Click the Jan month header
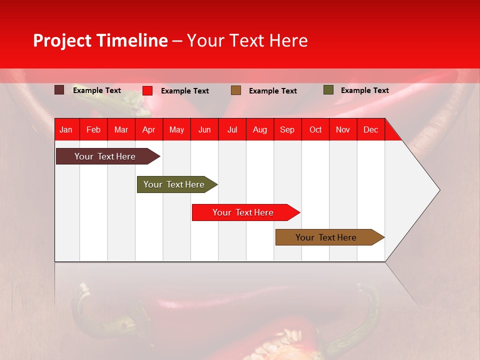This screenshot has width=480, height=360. pyautogui.click(x=66, y=129)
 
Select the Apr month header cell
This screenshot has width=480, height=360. pyautogui.click(x=148, y=129)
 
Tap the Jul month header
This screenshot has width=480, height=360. pyautogui.click(x=232, y=129)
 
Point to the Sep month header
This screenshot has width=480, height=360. pyautogui.click(x=287, y=129)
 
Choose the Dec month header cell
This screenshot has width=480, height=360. pyautogui.click(x=370, y=129)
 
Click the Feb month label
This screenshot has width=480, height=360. pyautogui.click(x=93, y=129)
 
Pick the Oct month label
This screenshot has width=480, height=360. pyautogui.click(x=315, y=129)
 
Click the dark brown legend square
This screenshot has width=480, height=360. pyautogui.click(x=59, y=90)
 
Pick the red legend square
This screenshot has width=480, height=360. pyautogui.click(x=147, y=90)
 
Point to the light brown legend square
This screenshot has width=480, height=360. pyautogui.click(x=236, y=90)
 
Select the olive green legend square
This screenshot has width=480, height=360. pyautogui.click(x=328, y=90)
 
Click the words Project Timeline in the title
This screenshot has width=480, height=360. pyautogui.click(x=100, y=40)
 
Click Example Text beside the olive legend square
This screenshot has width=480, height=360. pyautogui.click(x=364, y=90)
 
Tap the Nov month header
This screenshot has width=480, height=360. pyautogui.click(x=343, y=129)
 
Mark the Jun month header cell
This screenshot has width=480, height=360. pyautogui.click(x=204, y=129)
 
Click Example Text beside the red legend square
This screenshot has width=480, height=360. pyautogui.click(x=184, y=91)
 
